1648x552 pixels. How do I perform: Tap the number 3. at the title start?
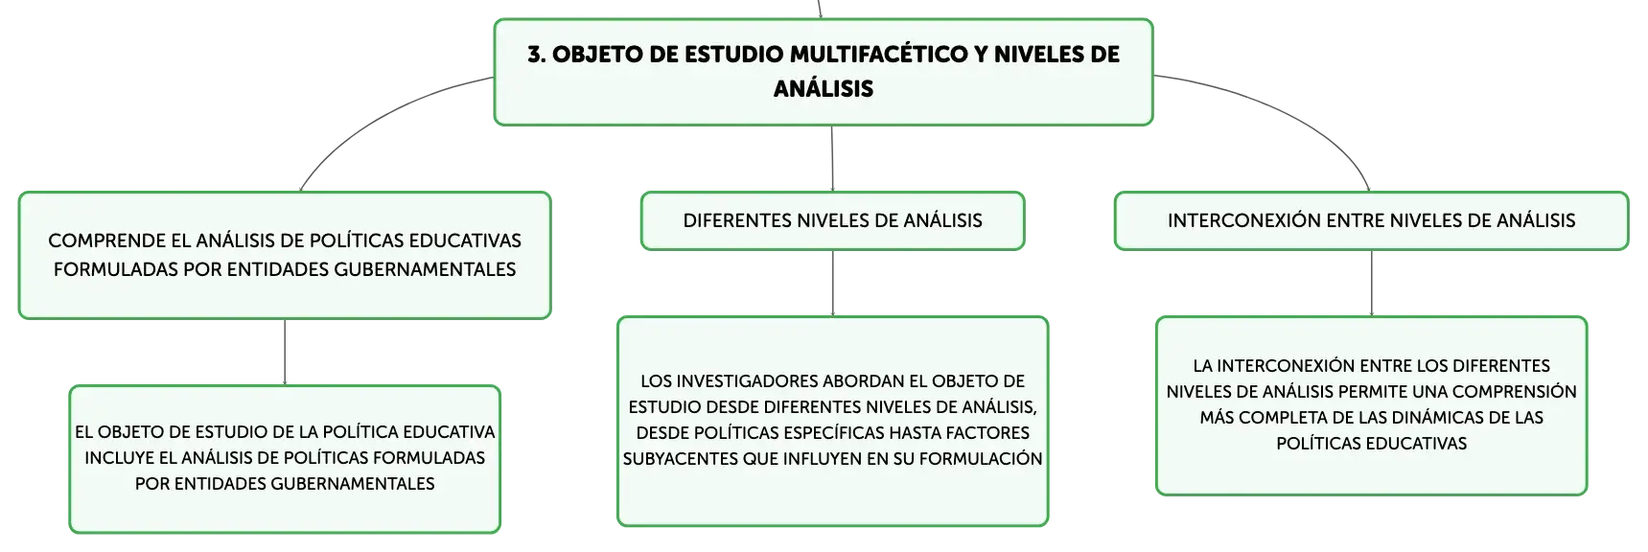[x=536, y=54]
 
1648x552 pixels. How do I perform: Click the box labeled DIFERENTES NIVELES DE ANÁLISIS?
[x=832, y=220]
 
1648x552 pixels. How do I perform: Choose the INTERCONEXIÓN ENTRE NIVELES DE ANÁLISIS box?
[x=1371, y=220]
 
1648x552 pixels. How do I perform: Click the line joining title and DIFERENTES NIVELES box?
[x=832, y=158]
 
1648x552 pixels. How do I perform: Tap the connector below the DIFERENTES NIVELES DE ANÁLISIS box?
[x=832, y=283]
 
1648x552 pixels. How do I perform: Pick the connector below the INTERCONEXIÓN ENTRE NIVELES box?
[x=1371, y=283]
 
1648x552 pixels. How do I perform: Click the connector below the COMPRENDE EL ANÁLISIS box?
[x=285, y=352]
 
